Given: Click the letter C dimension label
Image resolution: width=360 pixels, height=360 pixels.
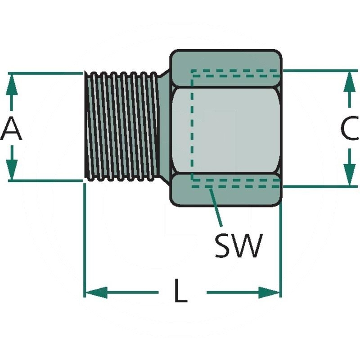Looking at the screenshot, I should (x=349, y=130).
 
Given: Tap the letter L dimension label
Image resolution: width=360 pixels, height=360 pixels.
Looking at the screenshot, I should (x=181, y=293).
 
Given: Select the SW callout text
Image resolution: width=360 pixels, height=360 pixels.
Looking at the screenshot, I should (x=238, y=246).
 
